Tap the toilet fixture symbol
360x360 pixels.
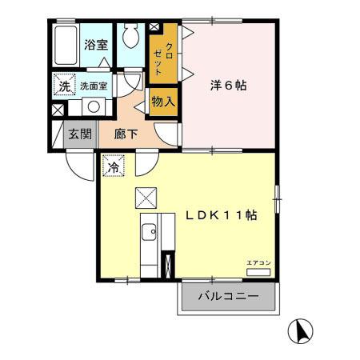[131, 38]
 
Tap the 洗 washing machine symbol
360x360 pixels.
[62, 85]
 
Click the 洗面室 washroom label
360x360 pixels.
[94, 86]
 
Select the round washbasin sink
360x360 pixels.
[93, 106]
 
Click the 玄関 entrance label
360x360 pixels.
[78, 134]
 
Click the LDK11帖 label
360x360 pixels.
[221, 215]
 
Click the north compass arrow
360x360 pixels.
[302, 329]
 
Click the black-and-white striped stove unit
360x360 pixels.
[167, 263]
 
